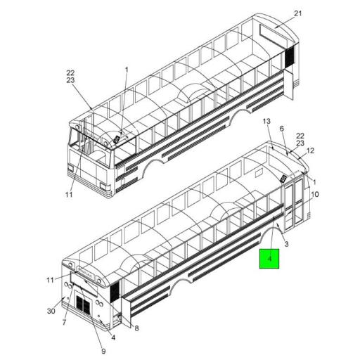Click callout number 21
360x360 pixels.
[297, 14]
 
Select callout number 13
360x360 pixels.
[266, 121]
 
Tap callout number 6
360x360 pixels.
[282, 129]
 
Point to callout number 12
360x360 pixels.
[310, 150]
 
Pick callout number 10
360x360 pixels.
[315, 194]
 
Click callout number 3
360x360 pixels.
[286, 244]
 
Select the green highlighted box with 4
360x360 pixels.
[269, 259]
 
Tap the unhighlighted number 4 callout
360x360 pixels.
[113, 337]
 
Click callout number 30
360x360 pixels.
[51, 311]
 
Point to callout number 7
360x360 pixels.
[64, 323]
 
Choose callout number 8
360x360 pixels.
[136, 328]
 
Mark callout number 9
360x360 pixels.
[103, 351]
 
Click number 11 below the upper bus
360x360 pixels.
[69, 194]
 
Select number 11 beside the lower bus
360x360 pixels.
[50, 280]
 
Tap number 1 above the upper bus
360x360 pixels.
[127, 70]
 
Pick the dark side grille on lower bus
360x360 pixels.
[115, 291]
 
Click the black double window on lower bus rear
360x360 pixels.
[83, 304]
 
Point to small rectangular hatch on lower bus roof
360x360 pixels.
[259, 173]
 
